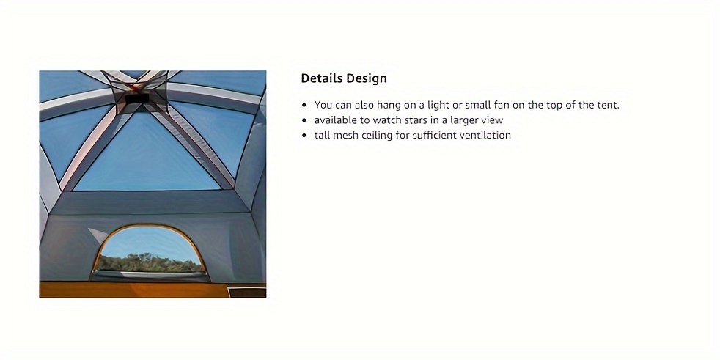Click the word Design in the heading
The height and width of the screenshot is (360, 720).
pyautogui.click(x=367, y=79)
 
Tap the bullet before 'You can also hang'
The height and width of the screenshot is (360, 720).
pyautogui.click(x=304, y=105)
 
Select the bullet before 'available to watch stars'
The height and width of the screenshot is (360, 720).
pyautogui.click(x=304, y=120)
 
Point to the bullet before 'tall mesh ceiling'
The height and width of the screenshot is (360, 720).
pyautogui.click(x=304, y=136)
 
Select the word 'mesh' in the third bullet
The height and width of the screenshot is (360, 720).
pyautogui.click(x=343, y=135)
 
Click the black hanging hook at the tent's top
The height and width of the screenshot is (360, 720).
pyautogui.click(x=137, y=99)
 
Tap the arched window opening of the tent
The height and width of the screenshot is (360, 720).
pyautogui.click(x=148, y=251)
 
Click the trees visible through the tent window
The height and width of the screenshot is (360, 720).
pyautogui.click(x=149, y=262)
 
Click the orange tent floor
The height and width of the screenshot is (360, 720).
pyautogui.click(x=134, y=290)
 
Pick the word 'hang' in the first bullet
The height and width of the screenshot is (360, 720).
pyautogui.click(x=388, y=105)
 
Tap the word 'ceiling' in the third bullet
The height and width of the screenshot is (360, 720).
pyautogui.click(x=376, y=135)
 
